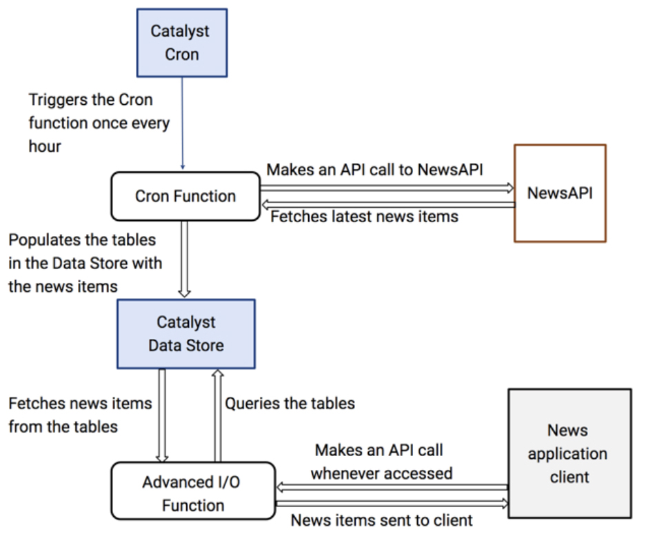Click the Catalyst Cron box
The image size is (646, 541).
(182, 43)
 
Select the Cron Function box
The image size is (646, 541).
(185, 196)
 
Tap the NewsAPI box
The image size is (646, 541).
(560, 193)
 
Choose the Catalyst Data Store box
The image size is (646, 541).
(186, 334)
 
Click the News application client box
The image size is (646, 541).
(569, 453)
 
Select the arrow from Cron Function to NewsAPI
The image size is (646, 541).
(387, 187)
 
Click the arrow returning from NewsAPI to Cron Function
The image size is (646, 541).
(387, 204)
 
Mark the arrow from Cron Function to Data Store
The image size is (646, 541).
(185, 259)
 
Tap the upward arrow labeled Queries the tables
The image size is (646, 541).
(217, 414)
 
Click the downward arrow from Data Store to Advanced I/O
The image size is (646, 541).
(163, 414)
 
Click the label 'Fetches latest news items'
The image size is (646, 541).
(364, 217)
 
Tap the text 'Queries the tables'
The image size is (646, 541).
(290, 403)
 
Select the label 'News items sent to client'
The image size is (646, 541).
(382, 520)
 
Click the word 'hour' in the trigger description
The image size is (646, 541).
(46, 147)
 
